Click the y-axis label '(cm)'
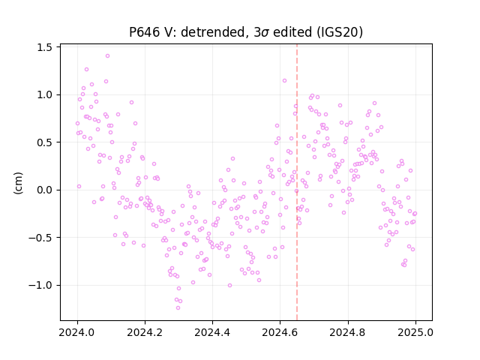[18, 183]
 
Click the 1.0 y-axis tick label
[44, 95]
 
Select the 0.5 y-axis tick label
[44, 142]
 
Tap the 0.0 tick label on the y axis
[44, 190]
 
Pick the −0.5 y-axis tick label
[40, 238]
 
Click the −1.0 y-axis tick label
[40, 285]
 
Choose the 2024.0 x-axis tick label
[77, 332]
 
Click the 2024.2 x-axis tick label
[145, 332]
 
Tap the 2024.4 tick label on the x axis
[212, 332]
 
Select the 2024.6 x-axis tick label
[280, 332]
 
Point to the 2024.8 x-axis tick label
[348, 332]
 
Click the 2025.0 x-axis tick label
[415, 332]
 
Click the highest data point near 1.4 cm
[107, 56]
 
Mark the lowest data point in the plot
[178, 308]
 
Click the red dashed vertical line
[297, 182]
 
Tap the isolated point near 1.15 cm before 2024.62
[284, 81]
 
